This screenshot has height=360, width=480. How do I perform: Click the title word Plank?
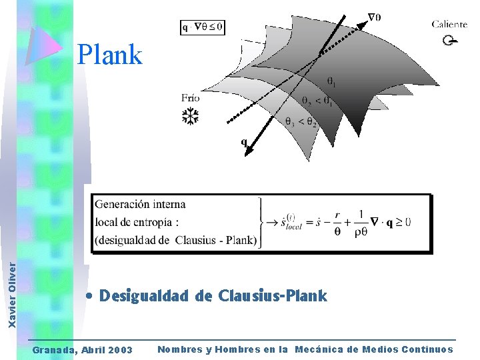(109, 55)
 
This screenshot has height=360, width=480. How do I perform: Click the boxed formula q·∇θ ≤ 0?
(202, 27)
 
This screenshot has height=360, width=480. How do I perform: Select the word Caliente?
(449, 25)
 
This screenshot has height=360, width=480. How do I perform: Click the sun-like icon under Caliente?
(450, 41)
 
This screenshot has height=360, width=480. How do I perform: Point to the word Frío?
(190, 98)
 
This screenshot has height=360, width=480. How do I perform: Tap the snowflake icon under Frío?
(191, 117)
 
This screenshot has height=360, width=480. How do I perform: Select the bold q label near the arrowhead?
(244, 141)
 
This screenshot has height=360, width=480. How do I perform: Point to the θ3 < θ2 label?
(300, 121)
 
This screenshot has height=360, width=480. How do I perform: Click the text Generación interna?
(140, 204)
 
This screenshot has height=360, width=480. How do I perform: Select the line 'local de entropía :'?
(137, 222)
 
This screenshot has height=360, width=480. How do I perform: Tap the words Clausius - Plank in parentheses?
(215, 241)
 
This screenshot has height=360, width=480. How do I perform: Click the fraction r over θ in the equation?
(338, 223)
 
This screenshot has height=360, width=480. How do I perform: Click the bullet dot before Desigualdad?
(89, 296)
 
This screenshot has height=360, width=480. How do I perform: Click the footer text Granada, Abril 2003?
(83, 350)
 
